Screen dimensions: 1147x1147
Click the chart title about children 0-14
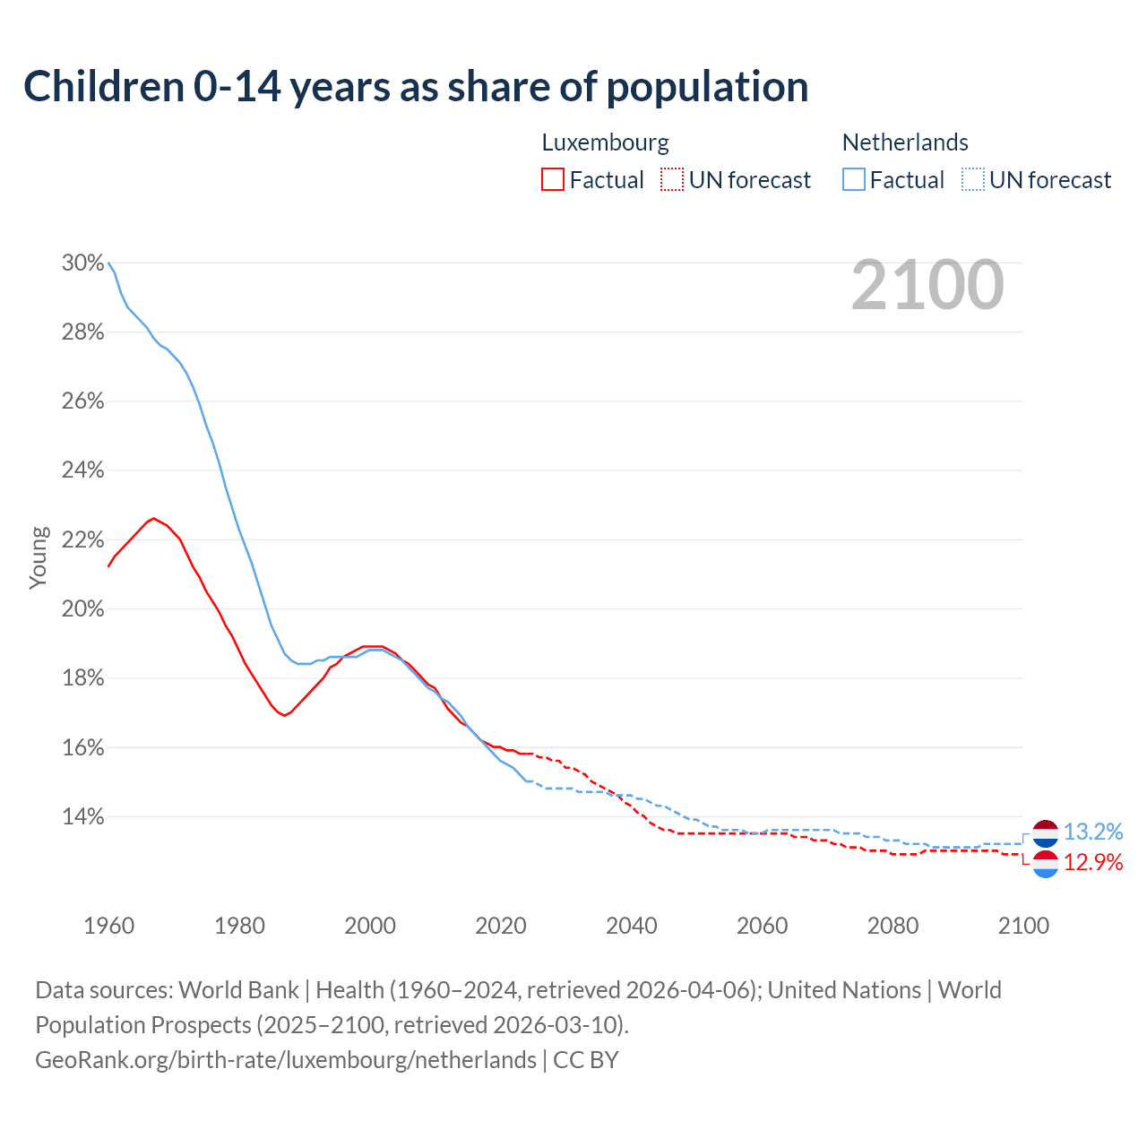point(416,87)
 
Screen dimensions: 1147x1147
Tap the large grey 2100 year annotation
point(927,285)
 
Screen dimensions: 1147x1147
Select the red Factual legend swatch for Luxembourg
point(553,180)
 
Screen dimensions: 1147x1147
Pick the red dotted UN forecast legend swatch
point(672,180)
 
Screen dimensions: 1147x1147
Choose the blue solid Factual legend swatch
point(854,180)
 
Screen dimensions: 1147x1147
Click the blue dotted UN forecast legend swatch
point(973,180)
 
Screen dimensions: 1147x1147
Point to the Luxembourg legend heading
point(605,142)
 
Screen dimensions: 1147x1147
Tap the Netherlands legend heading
point(905,142)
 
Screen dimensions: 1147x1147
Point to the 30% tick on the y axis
point(82,263)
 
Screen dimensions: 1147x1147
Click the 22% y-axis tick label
point(82,540)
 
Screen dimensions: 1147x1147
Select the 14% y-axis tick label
point(82,817)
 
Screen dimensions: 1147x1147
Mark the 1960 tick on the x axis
point(108,926)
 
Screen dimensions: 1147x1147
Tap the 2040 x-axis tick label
point(632,926)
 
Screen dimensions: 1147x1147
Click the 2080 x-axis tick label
point(893,926)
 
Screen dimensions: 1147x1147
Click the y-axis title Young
point(39,557)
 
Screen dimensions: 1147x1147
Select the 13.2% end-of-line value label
point(1093,832)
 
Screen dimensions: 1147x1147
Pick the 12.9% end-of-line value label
point(1093,863)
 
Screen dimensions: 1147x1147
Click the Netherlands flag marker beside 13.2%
point(1045,833)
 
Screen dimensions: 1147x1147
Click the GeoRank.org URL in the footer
point(286,1060)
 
